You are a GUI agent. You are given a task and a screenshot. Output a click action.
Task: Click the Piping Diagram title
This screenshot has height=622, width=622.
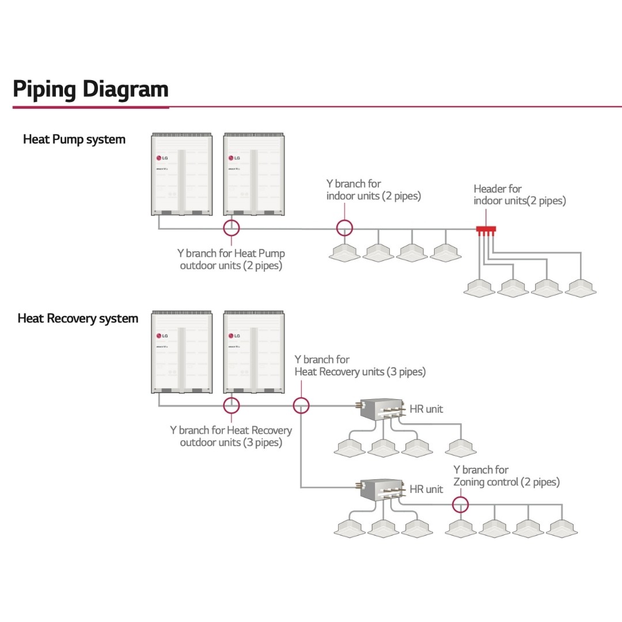pos(90,89)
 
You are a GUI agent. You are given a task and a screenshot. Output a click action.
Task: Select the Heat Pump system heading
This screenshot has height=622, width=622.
pos(74,139)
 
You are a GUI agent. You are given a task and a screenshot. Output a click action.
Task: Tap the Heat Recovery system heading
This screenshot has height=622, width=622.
pos(78,318)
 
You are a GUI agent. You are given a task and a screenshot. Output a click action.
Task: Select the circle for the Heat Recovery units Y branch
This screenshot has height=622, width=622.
pos(301,405)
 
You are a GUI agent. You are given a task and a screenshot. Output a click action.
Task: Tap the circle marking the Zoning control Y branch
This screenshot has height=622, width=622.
pos(460,505)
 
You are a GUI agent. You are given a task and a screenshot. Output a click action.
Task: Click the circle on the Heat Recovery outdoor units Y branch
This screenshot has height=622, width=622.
pos(231,405)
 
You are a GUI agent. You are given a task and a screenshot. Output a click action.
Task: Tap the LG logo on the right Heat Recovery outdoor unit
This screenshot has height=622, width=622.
pos(234,336)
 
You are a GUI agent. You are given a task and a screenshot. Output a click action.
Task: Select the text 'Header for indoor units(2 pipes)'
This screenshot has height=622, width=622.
pos(519,195)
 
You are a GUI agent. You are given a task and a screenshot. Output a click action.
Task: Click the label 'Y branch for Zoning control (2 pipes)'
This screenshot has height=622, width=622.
pos(506,476)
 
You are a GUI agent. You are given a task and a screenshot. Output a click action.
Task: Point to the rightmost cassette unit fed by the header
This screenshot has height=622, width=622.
pos(581,288)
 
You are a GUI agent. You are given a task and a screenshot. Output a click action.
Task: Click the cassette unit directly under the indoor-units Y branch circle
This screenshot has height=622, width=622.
pos(344,252)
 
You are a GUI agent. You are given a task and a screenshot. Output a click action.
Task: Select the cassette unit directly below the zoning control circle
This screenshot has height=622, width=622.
pos(460,528)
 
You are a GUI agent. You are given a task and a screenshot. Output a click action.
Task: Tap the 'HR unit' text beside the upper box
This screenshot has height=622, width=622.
pos(426,409)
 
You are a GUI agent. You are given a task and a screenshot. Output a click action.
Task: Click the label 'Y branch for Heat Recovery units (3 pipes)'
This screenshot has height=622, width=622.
pos(359,366)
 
